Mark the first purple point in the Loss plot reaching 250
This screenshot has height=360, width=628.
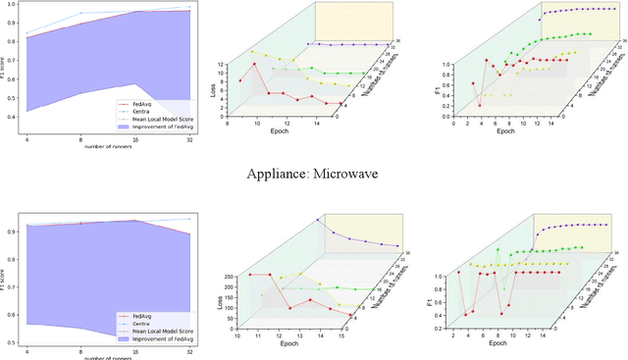click(x=318, y=219)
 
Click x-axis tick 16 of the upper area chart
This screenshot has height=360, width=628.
click(x=134, y=143)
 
